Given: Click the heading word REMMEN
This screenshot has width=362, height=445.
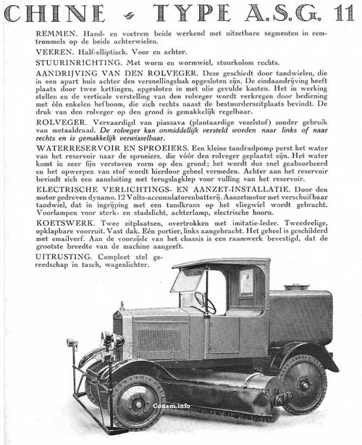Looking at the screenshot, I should point(59,34).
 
